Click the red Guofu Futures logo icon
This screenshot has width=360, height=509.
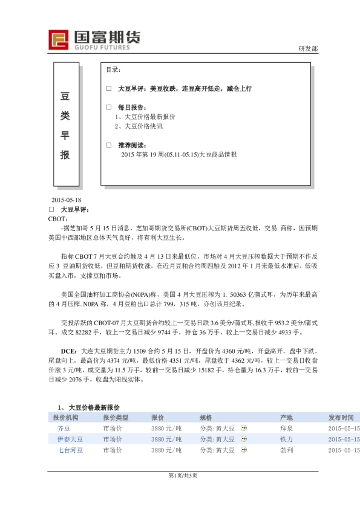click(x=59, y=40)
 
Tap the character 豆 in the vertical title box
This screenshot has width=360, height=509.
click(x=65, y=96)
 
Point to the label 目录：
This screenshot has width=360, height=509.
click(x=114, y=70)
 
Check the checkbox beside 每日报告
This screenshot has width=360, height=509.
click(x=108, y=108)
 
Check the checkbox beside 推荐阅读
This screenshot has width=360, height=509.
click(x=108, y=146)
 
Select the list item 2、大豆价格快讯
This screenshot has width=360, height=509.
click(x=139, y=126)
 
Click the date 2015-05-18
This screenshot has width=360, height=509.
click(x=67, y=200)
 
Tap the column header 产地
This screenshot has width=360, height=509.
click(x=286, y=418)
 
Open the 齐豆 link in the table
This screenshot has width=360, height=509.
click(x=64, y=428)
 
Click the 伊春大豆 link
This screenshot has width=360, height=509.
click(x=70, y=439)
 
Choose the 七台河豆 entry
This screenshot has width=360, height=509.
click(x=70, y=450)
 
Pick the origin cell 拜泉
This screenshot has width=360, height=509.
click(x=286, y=428)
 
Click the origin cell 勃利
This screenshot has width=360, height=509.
click(x=286, y=450)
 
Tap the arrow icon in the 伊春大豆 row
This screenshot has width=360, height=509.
click(x=243, y=439)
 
